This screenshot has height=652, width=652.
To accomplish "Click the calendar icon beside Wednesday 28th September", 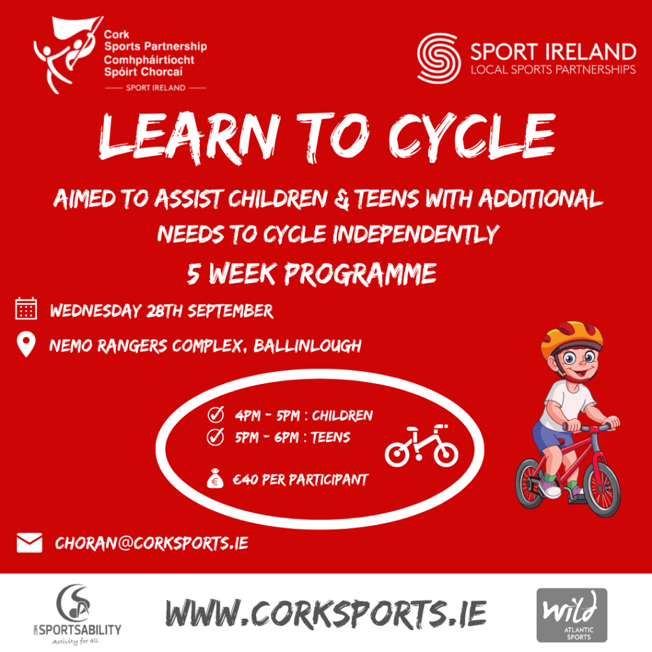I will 26,309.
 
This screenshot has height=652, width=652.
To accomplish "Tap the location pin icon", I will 26,345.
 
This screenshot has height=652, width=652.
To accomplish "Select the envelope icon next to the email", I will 29,542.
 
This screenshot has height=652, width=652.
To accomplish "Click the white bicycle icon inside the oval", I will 422,446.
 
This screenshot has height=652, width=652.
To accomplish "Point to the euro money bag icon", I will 215,479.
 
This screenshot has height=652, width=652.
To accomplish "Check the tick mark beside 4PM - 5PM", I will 216,416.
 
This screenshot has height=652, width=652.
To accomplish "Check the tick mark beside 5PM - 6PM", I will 216,437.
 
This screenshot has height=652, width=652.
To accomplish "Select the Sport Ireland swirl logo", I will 439,59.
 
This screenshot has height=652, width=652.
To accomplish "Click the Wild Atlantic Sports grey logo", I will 571,614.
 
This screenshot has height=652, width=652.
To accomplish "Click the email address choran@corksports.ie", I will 152,543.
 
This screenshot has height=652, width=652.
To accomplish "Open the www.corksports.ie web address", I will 325,613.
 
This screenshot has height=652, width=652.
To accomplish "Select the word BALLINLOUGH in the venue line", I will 308,346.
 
